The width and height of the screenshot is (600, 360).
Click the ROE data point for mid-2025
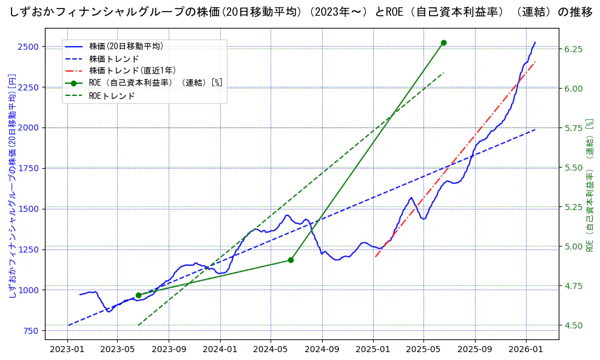[x=443, y=42]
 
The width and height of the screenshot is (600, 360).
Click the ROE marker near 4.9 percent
[x=291, y=260]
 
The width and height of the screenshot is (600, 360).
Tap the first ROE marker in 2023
[x=138, y=295]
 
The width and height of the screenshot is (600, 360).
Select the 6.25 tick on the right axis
[x=574, y=49]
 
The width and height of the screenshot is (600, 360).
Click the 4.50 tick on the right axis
[x=574, y=325]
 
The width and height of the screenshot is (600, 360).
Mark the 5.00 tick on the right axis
[x=574, y=246]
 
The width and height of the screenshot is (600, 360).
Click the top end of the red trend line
[x=535, y=62]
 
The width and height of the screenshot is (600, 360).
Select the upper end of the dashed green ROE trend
[x=443, y=73]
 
